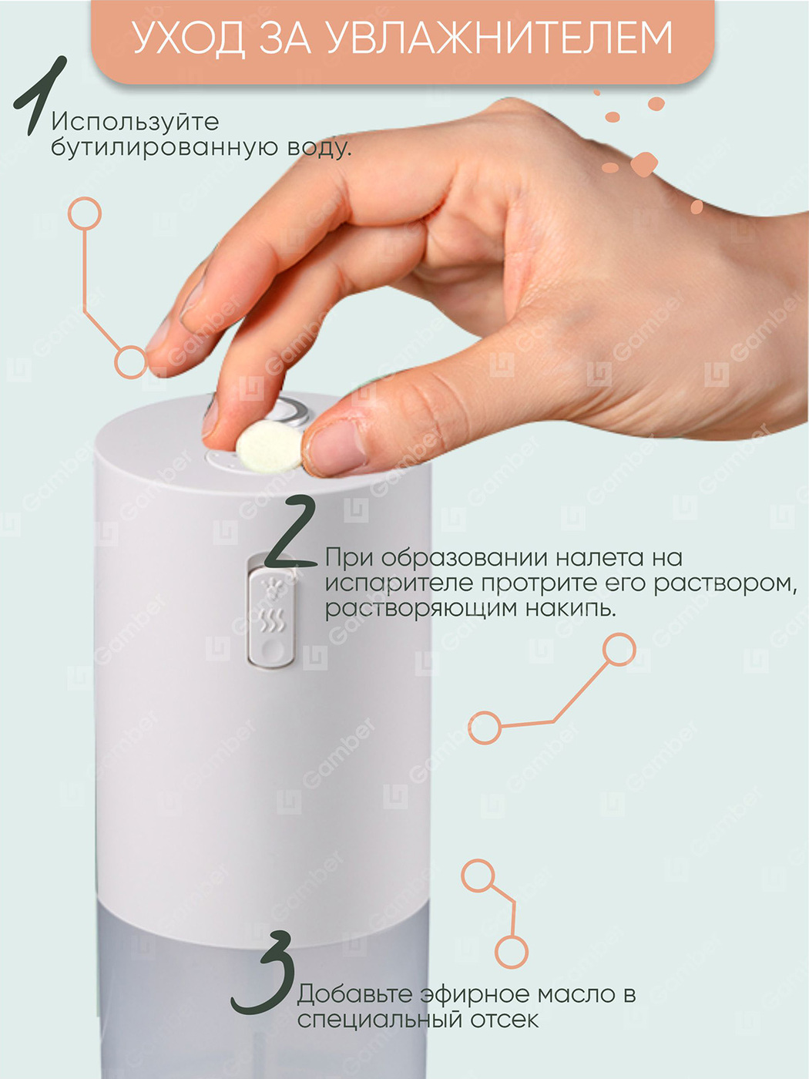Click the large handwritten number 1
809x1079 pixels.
(x=40, y=96)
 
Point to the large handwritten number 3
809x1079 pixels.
(x=264, y=973)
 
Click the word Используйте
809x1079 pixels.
(x=135, y=122)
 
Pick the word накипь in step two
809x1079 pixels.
(x=571, y=608)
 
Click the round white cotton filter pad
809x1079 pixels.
(x=269, y=446)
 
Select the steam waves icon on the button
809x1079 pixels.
(x=271, y=621)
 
